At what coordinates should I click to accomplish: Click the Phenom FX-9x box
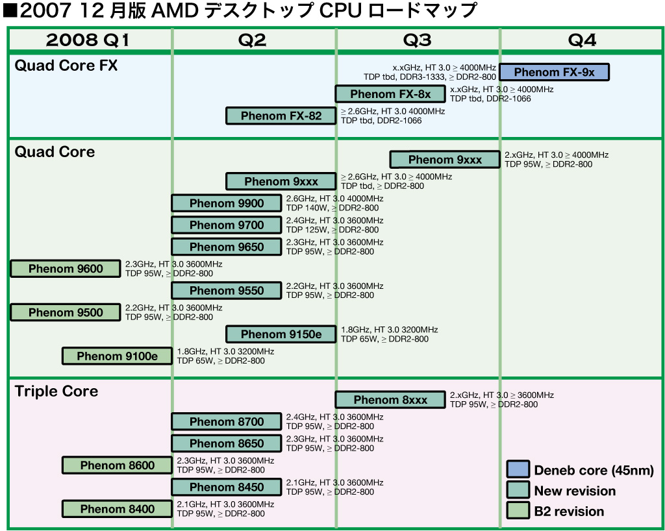pos(554,72)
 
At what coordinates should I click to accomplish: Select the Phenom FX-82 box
pos(281,116)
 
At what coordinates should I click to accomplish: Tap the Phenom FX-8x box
pos(390,94)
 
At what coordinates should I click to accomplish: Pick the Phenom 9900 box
pos(227,203)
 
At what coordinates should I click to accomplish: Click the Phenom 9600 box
pos(66,269)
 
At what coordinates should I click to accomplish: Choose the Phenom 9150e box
pos(281,334)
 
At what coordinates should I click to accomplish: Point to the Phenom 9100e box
pos(117,356)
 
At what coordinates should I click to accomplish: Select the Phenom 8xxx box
pos(390,400)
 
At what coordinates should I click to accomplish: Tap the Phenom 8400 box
pos(117,509)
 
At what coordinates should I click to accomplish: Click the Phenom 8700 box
pos(227,422)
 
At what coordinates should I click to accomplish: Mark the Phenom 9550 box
pos(227,291)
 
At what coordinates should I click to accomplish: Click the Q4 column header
pos(581,40)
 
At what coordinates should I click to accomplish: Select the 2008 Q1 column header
pos(88,40)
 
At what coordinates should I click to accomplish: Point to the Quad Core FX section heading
pos(66,66)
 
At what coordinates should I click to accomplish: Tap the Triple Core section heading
pos(56,391)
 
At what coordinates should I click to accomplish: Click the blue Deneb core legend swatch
pos(518,469)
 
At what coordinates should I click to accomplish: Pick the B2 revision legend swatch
pos(518,511)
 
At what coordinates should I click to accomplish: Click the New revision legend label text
pos(575,491)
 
